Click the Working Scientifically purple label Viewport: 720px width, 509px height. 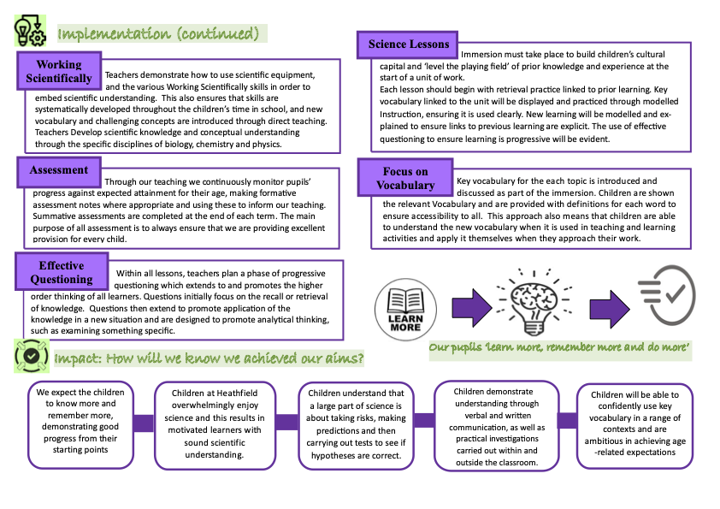[58, 72]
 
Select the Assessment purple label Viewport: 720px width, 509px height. [58, 170]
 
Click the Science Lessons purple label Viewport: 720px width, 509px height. [408, 44]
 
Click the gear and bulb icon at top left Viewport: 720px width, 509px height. [30, 31]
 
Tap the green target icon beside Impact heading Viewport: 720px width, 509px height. [31, 356]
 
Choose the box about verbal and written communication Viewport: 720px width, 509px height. [496, 426]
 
